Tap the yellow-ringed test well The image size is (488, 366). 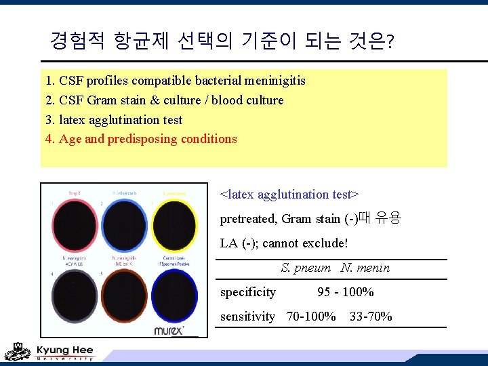pos(174,225)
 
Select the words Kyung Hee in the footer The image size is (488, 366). pos(64,350)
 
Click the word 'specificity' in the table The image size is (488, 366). pos(248,292)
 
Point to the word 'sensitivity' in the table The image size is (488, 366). pos(248,316)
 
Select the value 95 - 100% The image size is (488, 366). pos(346,292)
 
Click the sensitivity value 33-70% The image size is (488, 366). pos(371,316)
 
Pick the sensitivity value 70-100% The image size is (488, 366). pos(311,316)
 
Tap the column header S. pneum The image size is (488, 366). pos(306,268)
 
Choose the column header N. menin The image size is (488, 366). pos(365,268)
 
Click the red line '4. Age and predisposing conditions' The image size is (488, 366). pos(141,139)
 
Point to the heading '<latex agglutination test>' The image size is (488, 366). pos(289,195)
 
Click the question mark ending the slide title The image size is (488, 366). pos(389,43)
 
